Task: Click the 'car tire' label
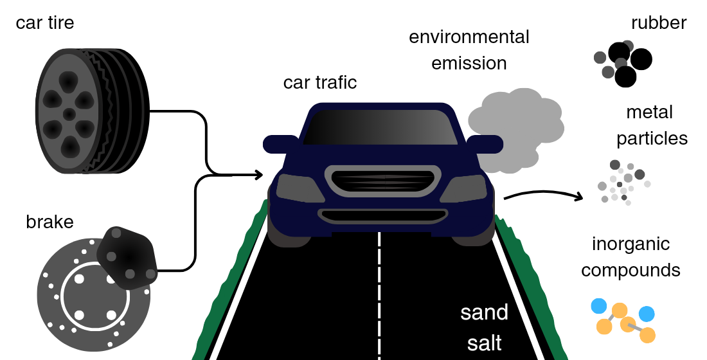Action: coord(45,24)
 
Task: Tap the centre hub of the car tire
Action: coord(69,114)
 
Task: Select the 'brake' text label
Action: coord(49,222)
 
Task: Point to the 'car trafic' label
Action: coord(319,83)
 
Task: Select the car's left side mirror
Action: coord(280,143)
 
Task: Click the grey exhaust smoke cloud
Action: coord(514,125)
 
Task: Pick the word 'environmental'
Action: coord(469,37)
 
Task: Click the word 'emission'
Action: coord(469,64)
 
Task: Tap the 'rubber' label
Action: coord(659,24)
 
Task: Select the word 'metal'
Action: coord(649,113)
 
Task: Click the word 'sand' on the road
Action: coord(484,313)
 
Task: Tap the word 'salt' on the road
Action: coord(484,343)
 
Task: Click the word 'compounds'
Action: coord(631,270)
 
